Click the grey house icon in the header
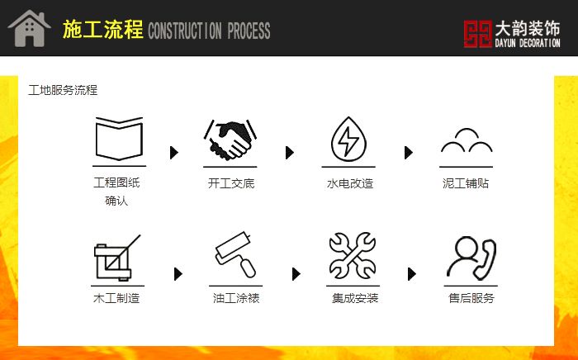pyautogui.click(x=29, y=28)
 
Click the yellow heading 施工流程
pyautogui.click(x=103, y=30)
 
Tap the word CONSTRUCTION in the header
pyautogui.click(x=184, y=31)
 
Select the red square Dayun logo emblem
pyautogui.click(x=478, y=34)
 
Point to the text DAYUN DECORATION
pyautogui.click(x=528, y=43)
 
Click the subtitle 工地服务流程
pyautogui.click(x=63, y=90)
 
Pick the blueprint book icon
pyautogui.click(x=119, y=139)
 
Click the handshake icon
pyautogui.click(x=230, y=140)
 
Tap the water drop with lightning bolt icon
pyautogui.click(x=348, y=139)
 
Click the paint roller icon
pyautogui.click(x=235, y=254)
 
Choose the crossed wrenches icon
pyautogui.click(x=353, y=255)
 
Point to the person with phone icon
pyautogui.click(x=471, y=258)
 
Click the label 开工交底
pyautogui.click(x=231, y=183)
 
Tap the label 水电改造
pyautogui.click(x=350, y=183)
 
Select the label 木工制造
pyautogui.click(x=116, y=298)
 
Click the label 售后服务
pyautogui.click(x=471, y=298)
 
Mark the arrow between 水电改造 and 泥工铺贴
pyautogui.click(x=409, y=153)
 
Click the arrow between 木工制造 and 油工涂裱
pyautogui.click(x=178, y=274)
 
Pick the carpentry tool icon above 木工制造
pyautogui.click(x=117, y=258)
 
